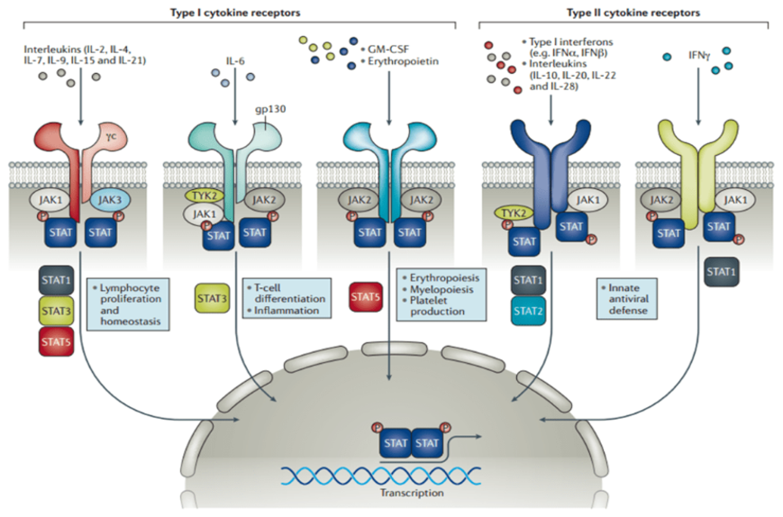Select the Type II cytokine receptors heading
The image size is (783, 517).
(623, 11)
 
